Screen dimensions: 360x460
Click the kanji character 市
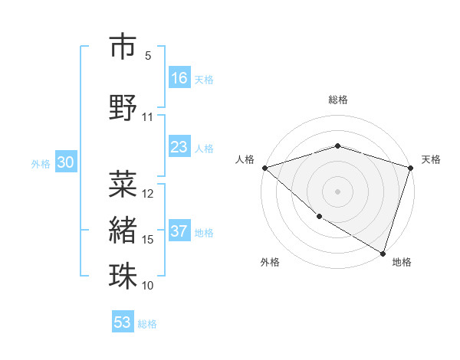[123, 47]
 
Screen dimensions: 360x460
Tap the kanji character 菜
[123, 183]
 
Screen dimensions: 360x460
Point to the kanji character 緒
[123, 229]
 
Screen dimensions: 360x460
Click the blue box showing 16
[179, 78]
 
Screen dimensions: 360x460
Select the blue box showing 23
[179, 147]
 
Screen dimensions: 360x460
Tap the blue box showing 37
[179, 231]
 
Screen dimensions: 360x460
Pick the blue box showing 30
[65, 163]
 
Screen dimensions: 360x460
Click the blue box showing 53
[123, 322]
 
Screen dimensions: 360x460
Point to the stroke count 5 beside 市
[148, 56]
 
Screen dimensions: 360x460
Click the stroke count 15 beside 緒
[148, 240]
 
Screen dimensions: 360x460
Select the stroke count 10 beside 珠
[148, 286]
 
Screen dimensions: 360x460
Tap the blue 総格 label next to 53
[147, 324]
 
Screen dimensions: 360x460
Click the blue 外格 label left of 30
[40, 164]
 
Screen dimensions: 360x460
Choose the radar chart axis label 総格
[337, 100]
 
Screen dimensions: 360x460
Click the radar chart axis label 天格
[431, 159]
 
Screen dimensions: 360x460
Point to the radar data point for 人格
[264, 167]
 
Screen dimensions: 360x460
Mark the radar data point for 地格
[383, 253]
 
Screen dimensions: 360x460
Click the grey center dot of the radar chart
[337, 191]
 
